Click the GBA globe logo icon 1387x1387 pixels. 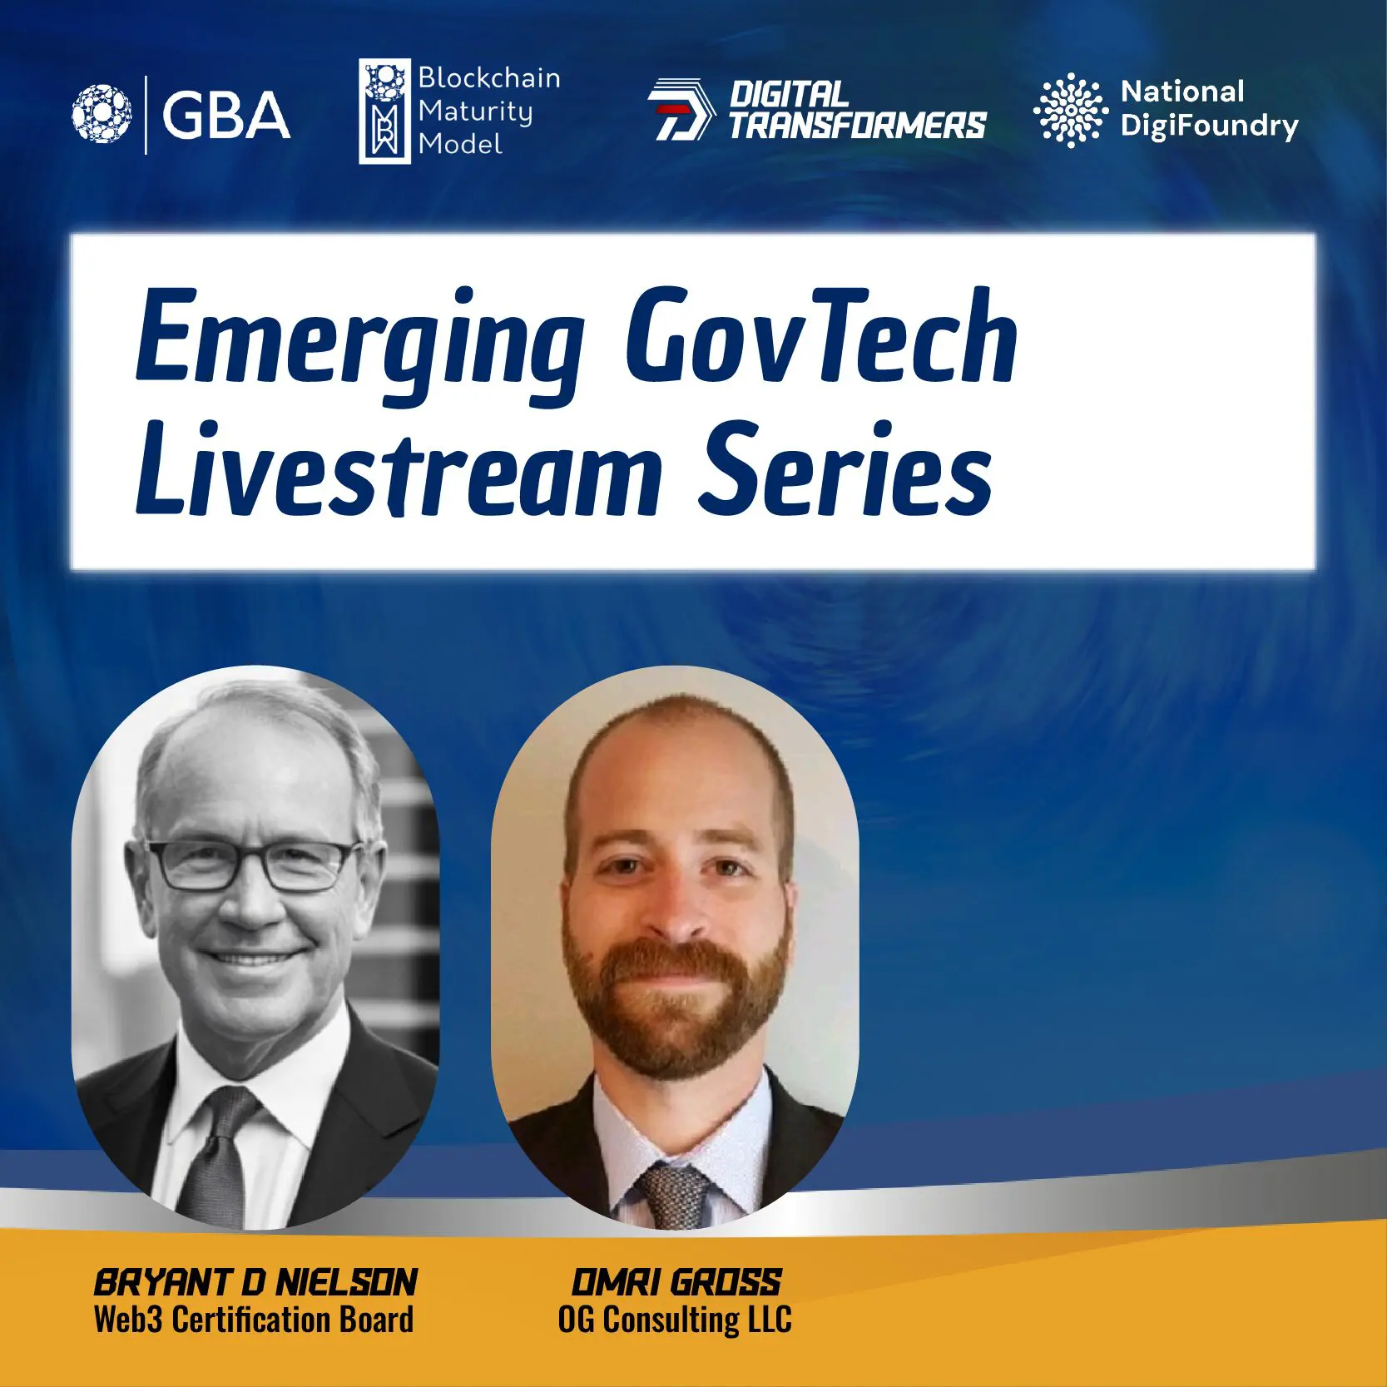coord(102,114)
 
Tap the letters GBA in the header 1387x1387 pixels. coord(226,115)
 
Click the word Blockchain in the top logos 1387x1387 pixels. coord(489,77)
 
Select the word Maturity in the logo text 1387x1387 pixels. coord(475,111)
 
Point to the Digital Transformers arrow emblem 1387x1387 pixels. coord(681,109)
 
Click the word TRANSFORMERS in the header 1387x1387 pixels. coord(858,126)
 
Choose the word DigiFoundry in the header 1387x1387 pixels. coord(1209,126)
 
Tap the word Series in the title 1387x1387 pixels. coord(846,468)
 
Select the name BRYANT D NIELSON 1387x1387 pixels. coord(255,1283)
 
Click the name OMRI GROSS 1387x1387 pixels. coord(676,1283)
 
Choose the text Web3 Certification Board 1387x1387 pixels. coord(254,1320)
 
